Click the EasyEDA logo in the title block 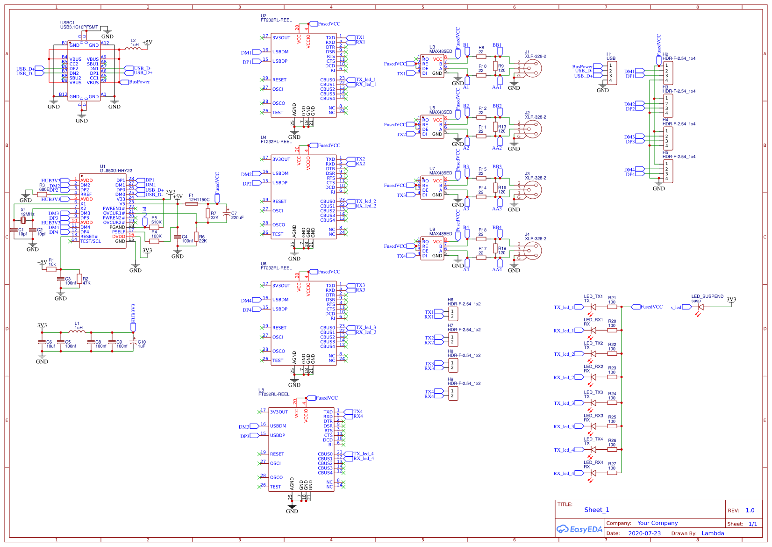tap(579, 529)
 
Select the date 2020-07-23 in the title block tap(644, 533)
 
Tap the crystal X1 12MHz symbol tap(23, 220)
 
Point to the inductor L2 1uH tap(133, 48)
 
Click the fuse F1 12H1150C tap(192, 204)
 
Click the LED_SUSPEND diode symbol tap(701, 307)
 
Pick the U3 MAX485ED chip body tap(432, 66)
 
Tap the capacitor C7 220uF tap(227, 214)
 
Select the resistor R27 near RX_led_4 tap(612, 473)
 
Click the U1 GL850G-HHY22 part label tap(116, 171)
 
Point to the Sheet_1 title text tap(597, 510)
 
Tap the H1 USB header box tap(611, 72)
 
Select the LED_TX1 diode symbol tap(593, 307)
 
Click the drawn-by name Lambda tap(713, 533)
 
